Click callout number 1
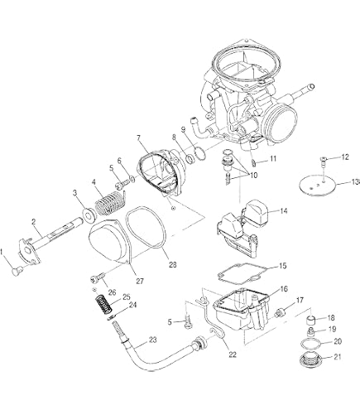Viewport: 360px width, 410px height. (x=2, y=252)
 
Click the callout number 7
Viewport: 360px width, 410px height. (x=138, y=137)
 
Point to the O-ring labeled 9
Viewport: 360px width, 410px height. (x=200, y=153)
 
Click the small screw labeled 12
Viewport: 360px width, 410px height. (x=324, y=163)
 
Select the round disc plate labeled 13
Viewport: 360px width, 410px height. (x=317, y=186)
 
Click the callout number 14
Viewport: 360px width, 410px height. (x=283, y=211)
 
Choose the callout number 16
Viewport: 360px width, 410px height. (x=284, y=289)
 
